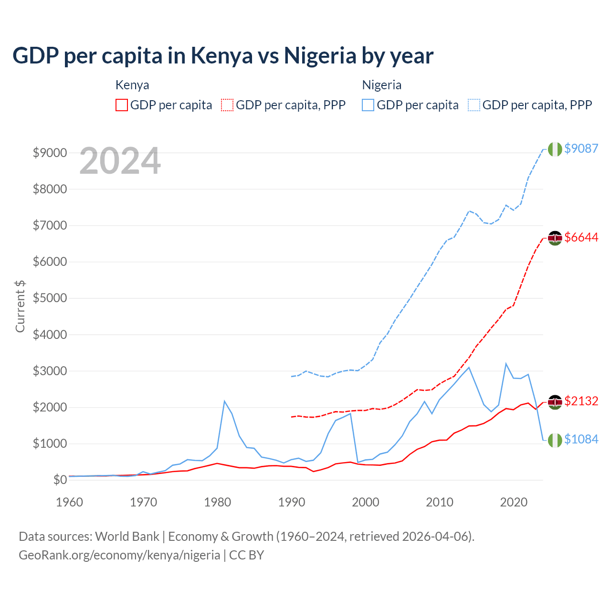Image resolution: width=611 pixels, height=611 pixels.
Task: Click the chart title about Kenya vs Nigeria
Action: tap(222, 56)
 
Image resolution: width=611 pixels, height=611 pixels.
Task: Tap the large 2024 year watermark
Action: tap(120, 161)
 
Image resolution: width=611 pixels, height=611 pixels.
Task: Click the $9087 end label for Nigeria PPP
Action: tap(581, 148)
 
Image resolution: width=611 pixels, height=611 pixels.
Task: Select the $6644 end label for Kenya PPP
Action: tap(581, 237)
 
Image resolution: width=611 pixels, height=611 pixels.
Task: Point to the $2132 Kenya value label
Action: tap(581, 401)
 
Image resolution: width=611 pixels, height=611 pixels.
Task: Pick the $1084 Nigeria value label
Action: tap(581, 439)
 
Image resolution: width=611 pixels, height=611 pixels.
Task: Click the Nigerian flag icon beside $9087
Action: tap(555, 149)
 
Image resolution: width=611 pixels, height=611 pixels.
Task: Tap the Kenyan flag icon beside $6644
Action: tap(555, 238)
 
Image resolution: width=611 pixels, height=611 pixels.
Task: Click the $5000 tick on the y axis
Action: tap(50, 298)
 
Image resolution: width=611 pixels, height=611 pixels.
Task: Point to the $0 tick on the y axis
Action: tap(60, 480)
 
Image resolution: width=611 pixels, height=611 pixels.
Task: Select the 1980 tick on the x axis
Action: tap(218, 502)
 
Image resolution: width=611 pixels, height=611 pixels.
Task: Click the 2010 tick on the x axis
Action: tap(440, 502)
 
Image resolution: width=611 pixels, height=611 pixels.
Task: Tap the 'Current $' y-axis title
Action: tap(20, 306)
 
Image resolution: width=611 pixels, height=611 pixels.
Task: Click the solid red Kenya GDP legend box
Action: tap(122, 105)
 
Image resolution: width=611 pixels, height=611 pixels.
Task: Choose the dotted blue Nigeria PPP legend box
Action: tap(474, 105)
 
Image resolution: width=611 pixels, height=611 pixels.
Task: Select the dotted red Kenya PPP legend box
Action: tap(227, 105)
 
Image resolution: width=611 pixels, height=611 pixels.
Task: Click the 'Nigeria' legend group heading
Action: tap(381, 85)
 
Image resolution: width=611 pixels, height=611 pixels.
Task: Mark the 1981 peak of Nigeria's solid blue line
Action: tap(224, 401)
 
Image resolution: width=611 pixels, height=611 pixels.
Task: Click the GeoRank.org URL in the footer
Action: tap(119, 555)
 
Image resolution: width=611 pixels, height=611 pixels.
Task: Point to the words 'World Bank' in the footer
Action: tap(127, 537)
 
